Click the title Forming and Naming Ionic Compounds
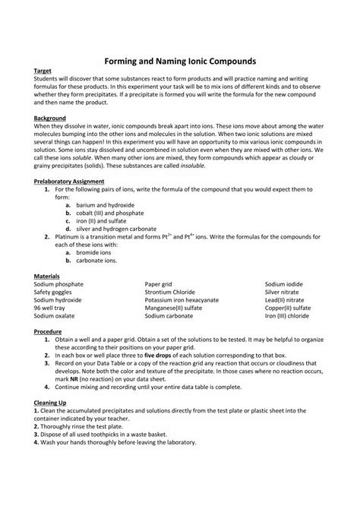(180, 58)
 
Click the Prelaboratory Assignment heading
(69, 181)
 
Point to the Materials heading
(48, 276)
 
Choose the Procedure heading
(49, 331)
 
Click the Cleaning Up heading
(51, 403)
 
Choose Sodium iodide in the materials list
(286, 283)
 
